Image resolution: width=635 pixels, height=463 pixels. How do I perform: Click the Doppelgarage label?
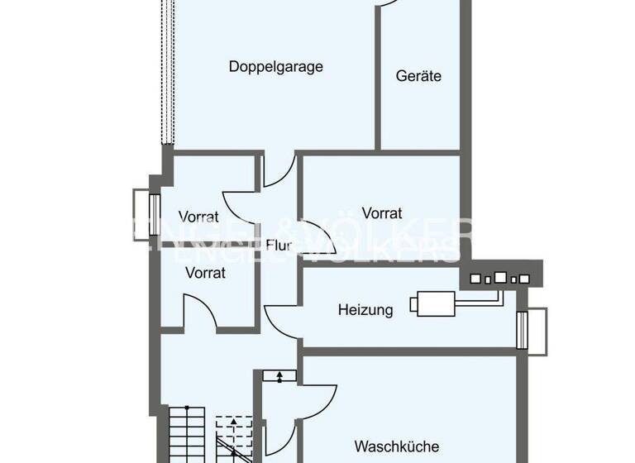275,67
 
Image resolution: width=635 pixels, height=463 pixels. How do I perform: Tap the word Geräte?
418,76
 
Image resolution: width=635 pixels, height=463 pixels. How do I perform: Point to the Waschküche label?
396,446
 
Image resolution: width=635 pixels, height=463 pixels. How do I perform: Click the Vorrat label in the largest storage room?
382,212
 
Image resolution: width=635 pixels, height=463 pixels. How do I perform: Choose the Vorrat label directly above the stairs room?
205,272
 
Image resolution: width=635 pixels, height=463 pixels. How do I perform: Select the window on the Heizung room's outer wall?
531,331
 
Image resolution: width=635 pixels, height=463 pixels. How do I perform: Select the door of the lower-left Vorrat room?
198,316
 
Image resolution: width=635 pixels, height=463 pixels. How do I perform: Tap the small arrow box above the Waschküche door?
279,376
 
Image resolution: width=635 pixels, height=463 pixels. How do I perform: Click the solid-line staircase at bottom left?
186,434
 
